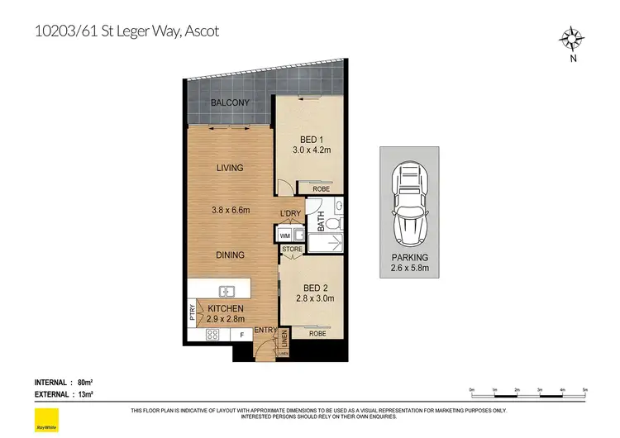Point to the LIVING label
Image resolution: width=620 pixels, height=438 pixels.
pos(229,168)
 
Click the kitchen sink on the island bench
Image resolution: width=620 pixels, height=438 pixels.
pos(226,291)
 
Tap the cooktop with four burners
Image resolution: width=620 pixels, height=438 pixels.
pos(211,335)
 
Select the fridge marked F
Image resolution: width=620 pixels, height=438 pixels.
pos(241,336)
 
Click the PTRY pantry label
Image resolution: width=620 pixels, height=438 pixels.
pos(192,312)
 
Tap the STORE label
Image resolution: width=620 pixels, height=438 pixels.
pos(292,248)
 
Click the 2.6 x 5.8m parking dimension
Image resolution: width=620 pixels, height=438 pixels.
pos(411,269)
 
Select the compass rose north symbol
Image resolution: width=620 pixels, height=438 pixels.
pos(571,39)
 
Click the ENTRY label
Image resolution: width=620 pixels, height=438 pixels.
pos(265,331)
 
